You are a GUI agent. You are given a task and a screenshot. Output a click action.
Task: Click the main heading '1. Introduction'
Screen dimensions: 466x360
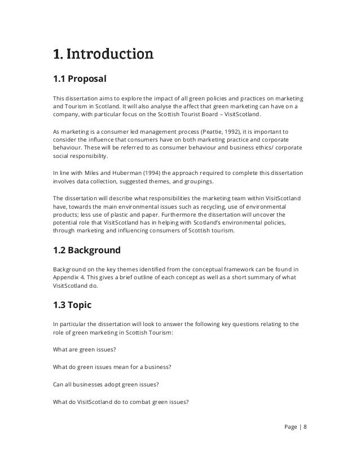click(102, 55)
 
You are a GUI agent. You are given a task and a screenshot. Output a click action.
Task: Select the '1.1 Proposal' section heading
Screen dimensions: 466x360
click(80, 78)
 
